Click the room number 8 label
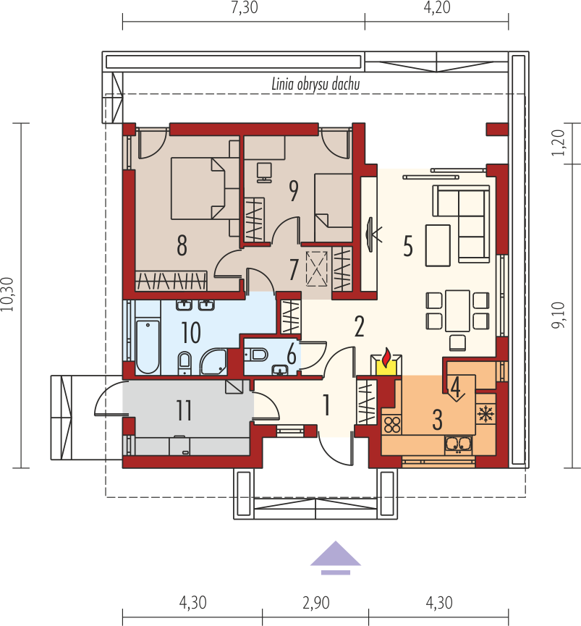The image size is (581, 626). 182,245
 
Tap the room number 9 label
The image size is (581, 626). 293,191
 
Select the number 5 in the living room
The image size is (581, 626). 408,247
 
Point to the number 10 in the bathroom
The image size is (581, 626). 191,333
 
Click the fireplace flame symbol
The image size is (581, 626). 387,358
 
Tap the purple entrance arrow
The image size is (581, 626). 336,557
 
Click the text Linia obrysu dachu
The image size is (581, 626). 315,85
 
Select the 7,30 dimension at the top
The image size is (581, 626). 243,9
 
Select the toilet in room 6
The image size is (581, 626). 257,354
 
